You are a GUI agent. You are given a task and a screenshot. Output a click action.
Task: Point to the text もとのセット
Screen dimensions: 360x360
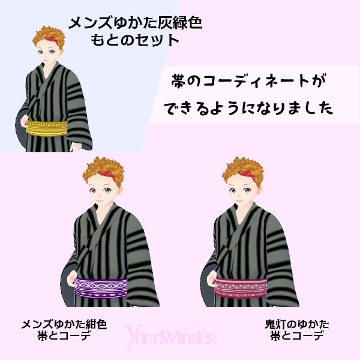click(134, 41)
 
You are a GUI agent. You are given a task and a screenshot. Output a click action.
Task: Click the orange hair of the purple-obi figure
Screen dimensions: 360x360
click(101, 166)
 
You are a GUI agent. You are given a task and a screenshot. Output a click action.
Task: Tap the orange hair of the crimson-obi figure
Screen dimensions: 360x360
click(243, 166)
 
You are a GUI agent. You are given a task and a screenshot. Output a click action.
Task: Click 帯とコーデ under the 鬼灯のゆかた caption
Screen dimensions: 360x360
click(296, 336)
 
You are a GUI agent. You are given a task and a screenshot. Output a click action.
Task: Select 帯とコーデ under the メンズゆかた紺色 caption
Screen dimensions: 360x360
click(64, 336)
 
